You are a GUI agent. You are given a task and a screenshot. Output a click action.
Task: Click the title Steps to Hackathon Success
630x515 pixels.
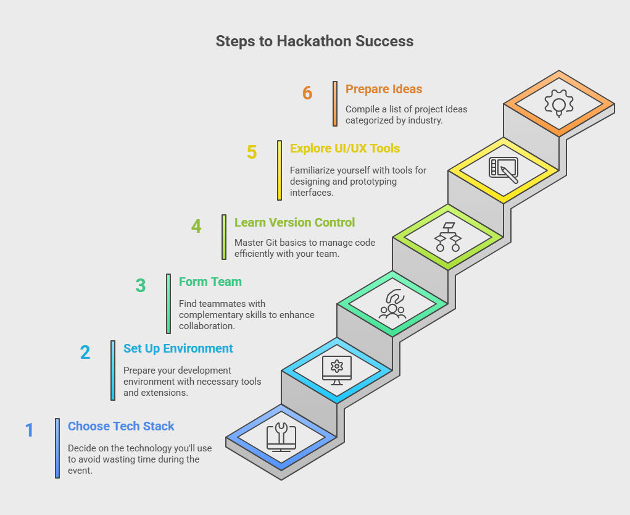pos(315,41)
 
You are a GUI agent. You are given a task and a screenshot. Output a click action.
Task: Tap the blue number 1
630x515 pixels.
pos(30,430)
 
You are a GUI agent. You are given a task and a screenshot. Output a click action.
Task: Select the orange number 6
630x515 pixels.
pos(307,93)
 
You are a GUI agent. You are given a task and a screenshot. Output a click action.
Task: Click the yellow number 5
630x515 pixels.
pos(252,152)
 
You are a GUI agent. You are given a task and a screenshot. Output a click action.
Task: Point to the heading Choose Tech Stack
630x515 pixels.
pos(121,426)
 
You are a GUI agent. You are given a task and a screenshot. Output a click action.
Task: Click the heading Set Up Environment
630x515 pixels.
pos(178,348)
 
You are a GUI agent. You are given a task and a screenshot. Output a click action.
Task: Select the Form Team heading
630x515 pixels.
pos(210,282)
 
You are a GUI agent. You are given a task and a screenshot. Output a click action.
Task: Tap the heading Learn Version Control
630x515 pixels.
pos(294,222)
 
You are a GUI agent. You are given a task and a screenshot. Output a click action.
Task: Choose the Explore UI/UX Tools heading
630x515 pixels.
pos(345,148)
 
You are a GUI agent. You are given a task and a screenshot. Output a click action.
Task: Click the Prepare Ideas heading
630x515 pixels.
pos(384,89)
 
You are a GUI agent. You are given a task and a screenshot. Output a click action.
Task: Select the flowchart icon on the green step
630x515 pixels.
pos(448,237)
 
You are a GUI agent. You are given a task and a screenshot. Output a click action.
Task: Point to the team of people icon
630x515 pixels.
pos(392,304)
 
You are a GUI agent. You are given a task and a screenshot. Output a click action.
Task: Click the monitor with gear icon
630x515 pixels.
pos(337,371)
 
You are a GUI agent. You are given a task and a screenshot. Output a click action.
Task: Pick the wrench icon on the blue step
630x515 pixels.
pos(281,437)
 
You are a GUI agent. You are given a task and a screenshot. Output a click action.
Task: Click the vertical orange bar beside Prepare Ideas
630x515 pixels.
pos(335,104)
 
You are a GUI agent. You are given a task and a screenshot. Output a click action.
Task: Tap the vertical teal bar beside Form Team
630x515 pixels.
pos(168,304)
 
